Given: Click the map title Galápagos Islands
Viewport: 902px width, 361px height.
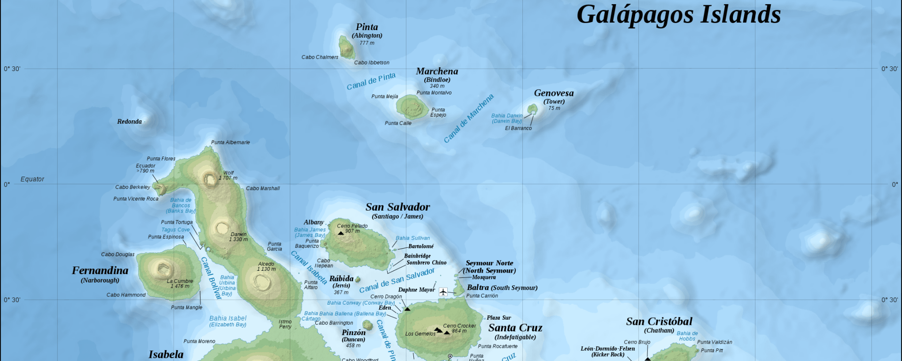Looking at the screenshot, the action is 678,14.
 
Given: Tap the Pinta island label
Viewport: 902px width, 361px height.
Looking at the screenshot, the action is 367,27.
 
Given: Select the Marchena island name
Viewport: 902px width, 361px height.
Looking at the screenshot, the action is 437,71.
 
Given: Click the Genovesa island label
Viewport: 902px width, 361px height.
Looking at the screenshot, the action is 553,93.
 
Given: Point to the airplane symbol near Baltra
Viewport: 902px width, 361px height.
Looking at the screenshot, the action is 443,292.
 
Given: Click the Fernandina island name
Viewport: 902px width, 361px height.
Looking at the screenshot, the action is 100,270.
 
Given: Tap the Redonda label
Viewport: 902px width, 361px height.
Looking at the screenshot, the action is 129,122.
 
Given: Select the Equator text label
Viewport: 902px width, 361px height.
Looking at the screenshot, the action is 32,179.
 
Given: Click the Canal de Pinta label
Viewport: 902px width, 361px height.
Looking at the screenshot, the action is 371,81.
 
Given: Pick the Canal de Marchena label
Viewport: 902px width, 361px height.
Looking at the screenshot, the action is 469,118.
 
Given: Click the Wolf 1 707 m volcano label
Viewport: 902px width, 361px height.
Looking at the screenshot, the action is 228,175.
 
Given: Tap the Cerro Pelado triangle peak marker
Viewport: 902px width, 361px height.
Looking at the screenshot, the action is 341,233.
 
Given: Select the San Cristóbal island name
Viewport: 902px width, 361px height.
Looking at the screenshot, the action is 659,322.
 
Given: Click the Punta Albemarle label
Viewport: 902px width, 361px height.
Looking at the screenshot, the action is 230,142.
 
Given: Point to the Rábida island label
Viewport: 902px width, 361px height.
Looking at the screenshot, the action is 341,279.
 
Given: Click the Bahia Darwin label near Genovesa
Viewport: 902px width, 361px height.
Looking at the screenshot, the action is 507,116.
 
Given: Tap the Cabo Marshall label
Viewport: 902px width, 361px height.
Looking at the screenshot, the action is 263,188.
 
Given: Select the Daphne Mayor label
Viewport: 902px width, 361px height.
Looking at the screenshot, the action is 416,290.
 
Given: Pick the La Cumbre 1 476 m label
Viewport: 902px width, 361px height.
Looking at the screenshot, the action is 180,283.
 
